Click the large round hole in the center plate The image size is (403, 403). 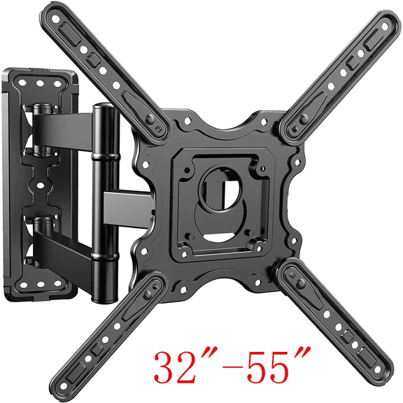219,187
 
